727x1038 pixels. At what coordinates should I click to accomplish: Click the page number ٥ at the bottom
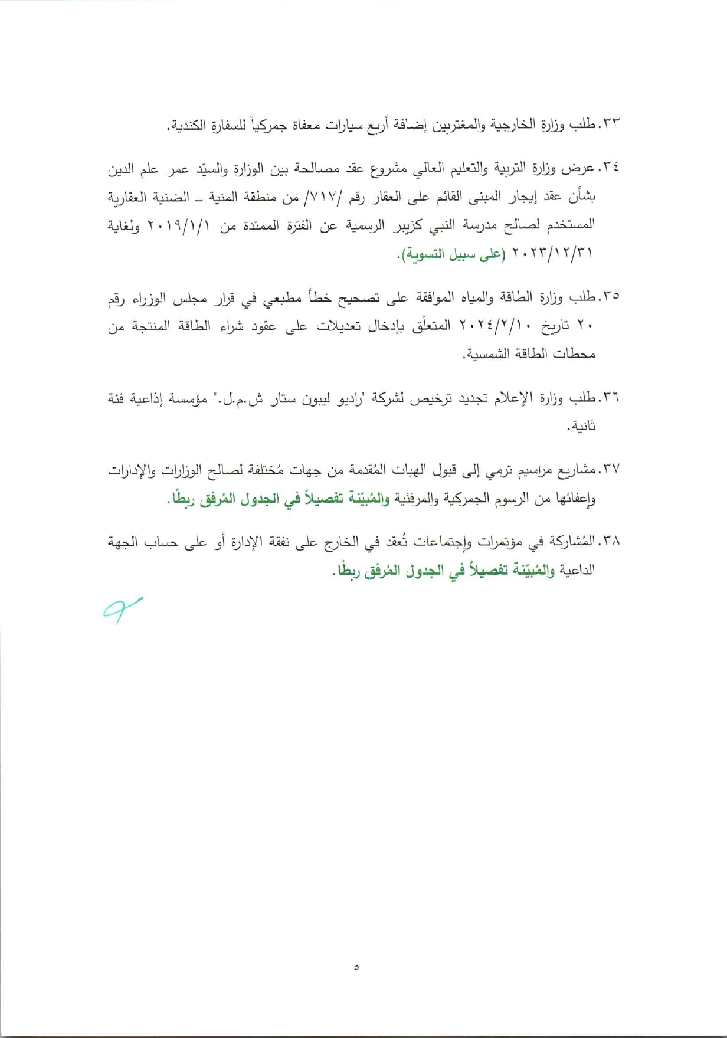point(356,967)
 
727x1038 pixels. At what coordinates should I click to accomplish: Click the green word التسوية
point(425,254)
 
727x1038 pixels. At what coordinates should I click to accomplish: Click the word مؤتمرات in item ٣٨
point(497,542)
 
